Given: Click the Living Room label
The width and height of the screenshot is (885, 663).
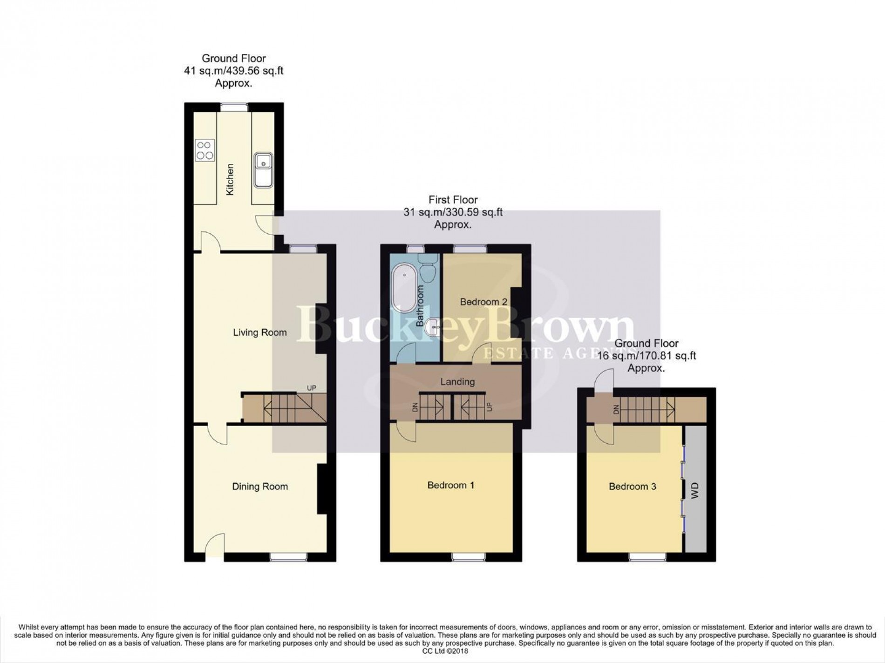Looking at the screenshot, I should [x=259, y=332].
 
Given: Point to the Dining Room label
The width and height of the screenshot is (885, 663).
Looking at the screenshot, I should [x=260, y=487].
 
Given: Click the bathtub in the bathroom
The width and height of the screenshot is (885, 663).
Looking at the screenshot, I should [x=404, y=289].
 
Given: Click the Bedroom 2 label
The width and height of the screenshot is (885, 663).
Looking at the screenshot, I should [x=483, y=302].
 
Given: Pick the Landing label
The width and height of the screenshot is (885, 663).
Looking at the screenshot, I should [x=457, y=382].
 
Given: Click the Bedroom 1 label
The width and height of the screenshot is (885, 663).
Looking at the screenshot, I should [x=450, y=485].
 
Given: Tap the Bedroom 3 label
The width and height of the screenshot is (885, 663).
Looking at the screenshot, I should [x=632, y=487].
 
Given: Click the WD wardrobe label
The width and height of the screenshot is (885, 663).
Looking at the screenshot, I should [x=695, y=491].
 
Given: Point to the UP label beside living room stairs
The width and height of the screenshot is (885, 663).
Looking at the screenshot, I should [x=311, y=388].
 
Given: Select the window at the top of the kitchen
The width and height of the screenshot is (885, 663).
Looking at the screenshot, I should [x=234, y=107].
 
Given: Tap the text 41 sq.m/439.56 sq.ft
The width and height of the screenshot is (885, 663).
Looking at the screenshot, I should [x=234, y=71].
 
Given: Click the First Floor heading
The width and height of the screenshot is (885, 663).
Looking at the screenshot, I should [x=453, y=200].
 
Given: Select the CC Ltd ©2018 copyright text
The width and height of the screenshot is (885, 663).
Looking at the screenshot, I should [x=442, y=651].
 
